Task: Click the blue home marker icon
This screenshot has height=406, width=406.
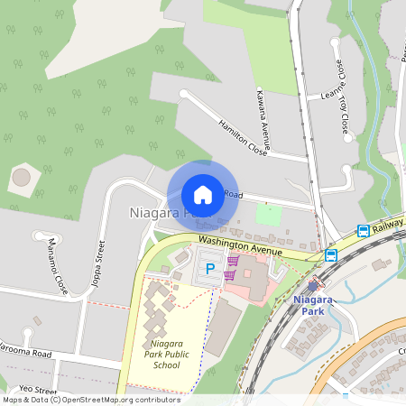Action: [x=203, y=195]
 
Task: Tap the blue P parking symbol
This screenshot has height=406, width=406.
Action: [x=211, y=268]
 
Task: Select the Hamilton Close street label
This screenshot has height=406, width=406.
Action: [x=242, y=136]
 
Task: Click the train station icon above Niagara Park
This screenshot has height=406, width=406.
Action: [x=311, y=285]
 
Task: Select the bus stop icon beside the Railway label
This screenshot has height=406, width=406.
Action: [x=363, y=231]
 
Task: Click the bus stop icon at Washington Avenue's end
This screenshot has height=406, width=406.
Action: [x=331, y=255]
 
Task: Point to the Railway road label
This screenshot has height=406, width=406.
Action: [x=387, y=226]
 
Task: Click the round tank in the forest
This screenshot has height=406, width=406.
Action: [x=21, y=177]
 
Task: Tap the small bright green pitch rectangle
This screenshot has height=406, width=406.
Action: [x=268, y=216]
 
